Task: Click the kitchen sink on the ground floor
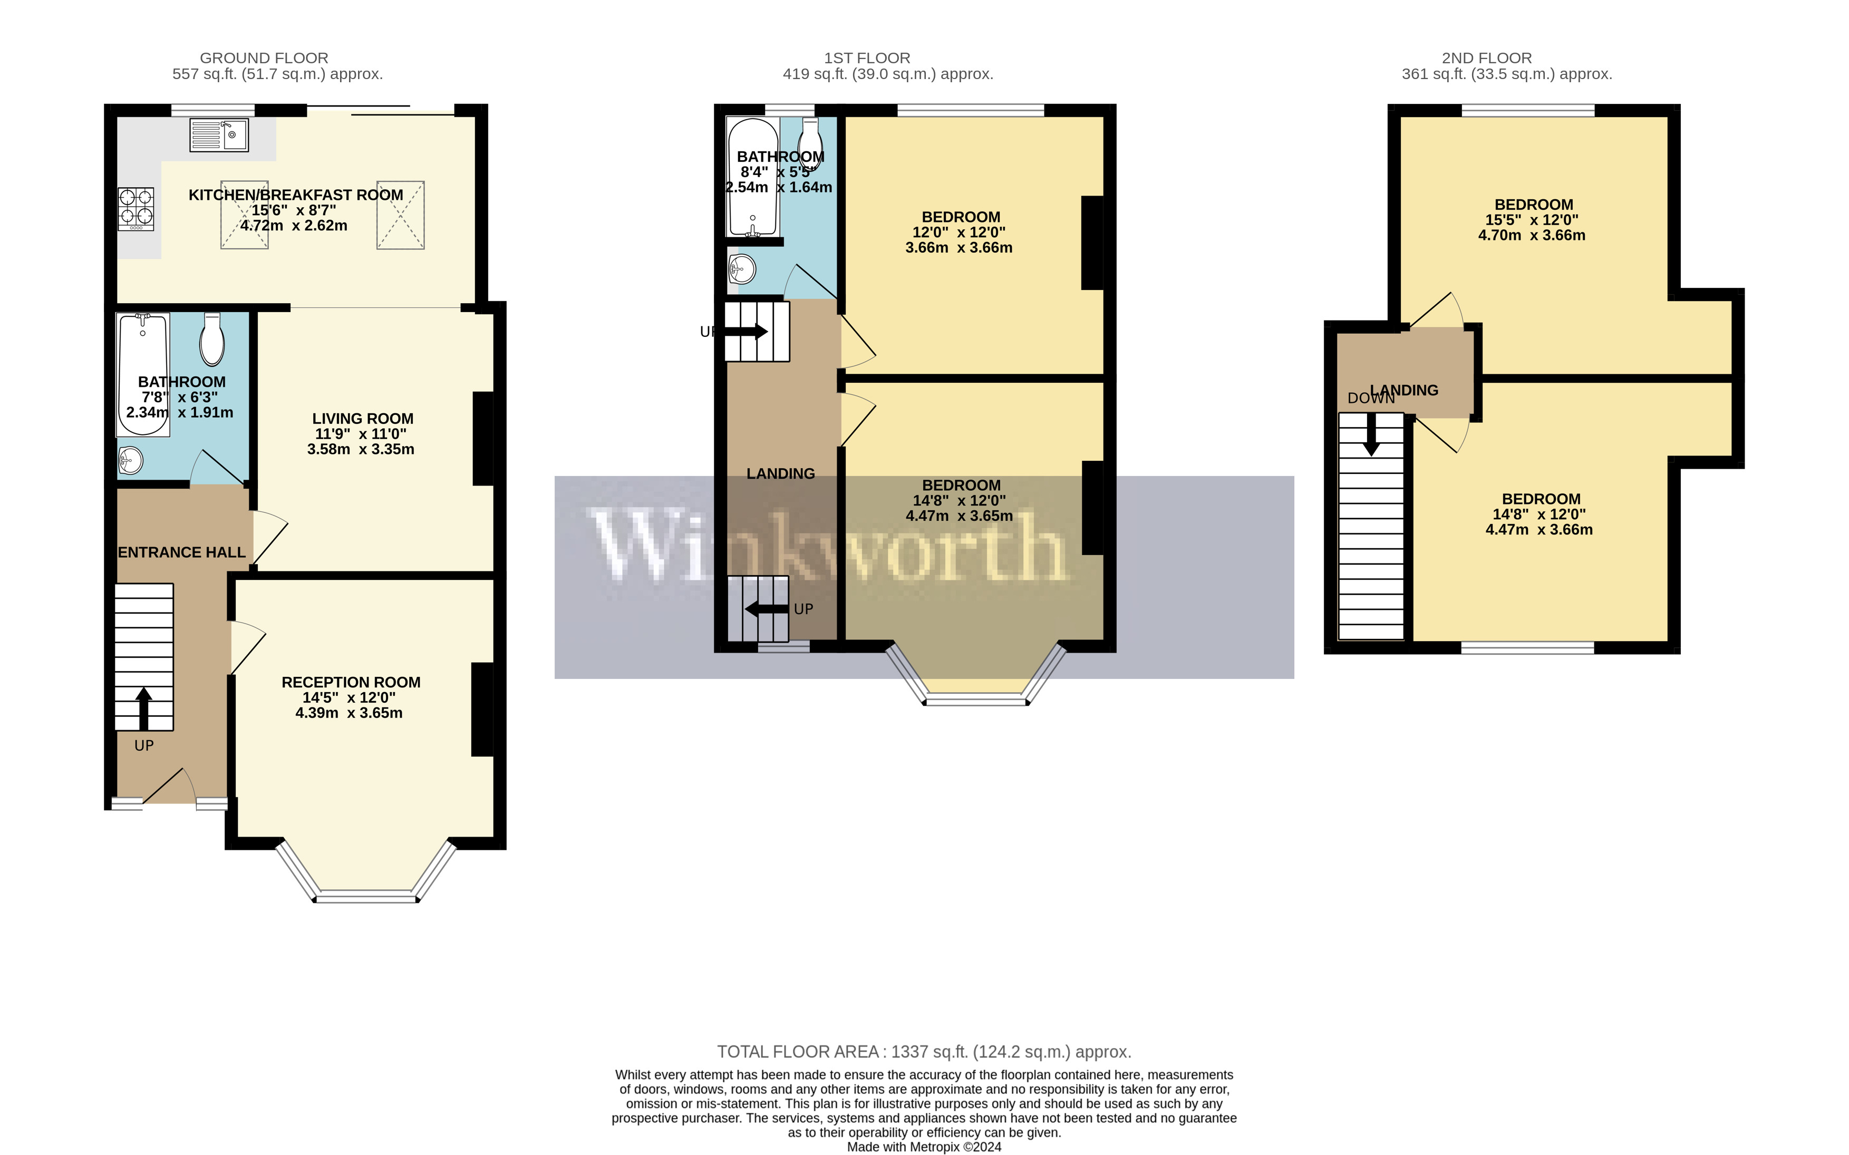pyautogui.click(x=218, y=135)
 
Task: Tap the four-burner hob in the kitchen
pyautogui.click(x=136, y=209)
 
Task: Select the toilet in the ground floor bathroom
pyautogui.click(x=211, y=342)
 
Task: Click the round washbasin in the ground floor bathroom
pyautogui.click(x=131, y=460)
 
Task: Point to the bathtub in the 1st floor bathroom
pyautogui.click(x=752, y=177)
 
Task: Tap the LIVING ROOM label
pyautogui.click(x=362, y=419)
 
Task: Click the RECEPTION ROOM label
pyautogui.click(x=351, y=682)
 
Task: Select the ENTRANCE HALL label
pyautogui.click(x=182, y=552)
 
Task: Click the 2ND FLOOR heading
pyautogui.click(x=1486, y=58)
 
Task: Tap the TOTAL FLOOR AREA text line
pyautogui.click(x=924, y=1052)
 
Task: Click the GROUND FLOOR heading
pyautogui.click(x=264, y=58)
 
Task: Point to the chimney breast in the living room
pyautogui.click(x=483, y=439)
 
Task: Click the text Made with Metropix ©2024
pyautogui.click(x=924, y=1147)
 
